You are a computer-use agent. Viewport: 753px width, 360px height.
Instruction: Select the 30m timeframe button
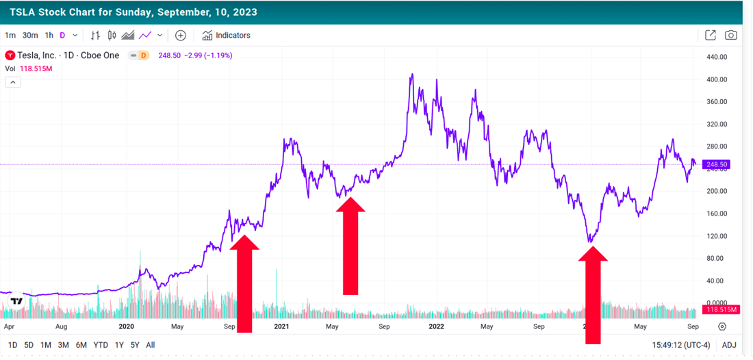click(29, 36)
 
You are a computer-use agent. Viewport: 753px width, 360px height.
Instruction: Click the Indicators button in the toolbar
click(227, 36)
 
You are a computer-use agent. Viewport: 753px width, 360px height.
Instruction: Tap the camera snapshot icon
click(731, 36)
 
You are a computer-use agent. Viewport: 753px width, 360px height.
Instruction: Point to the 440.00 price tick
click(717, 57)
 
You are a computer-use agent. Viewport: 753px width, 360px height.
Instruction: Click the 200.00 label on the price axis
click(717, 191)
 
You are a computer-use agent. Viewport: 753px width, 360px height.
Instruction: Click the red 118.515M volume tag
click(722, 310)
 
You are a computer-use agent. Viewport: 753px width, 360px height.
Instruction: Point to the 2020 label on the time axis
click(127, 326)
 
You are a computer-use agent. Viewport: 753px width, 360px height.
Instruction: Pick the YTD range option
click(100, 345)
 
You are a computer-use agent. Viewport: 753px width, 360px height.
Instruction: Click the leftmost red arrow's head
click(244, 242)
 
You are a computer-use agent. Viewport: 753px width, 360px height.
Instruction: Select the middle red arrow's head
click(350, 205)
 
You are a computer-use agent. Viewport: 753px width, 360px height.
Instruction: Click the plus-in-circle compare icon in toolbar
click(181, 36)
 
